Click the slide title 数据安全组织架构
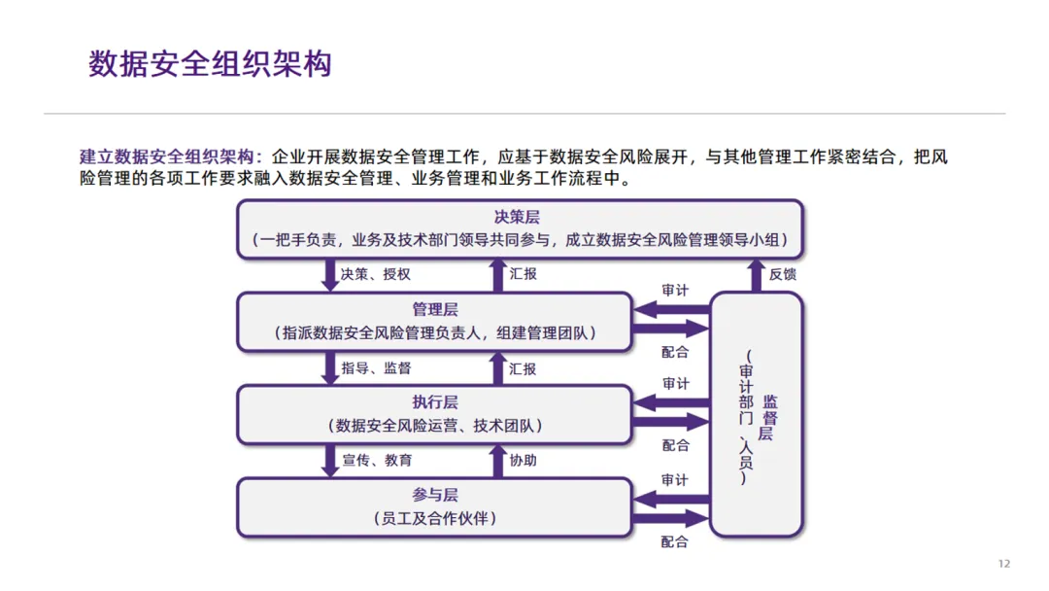point(210,64)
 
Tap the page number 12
point(1004,565)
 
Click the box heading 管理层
point(435,310)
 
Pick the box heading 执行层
point(435,402)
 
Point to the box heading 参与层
point(435,495)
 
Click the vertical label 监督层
point(767,418)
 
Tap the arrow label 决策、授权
point(376,274)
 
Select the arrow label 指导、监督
point(376,368)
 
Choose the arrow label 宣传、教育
point(376,460)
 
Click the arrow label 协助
point(523,460)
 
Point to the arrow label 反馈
point(783,274)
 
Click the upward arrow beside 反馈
point(757,275)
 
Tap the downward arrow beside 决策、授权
point(329,275)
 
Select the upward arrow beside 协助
point(496,460)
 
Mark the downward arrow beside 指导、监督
point(329,368)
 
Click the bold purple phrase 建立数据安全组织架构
point(166,156)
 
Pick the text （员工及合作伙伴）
point(435,518)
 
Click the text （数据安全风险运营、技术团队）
point(435,426)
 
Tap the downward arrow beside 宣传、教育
point(329,460)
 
